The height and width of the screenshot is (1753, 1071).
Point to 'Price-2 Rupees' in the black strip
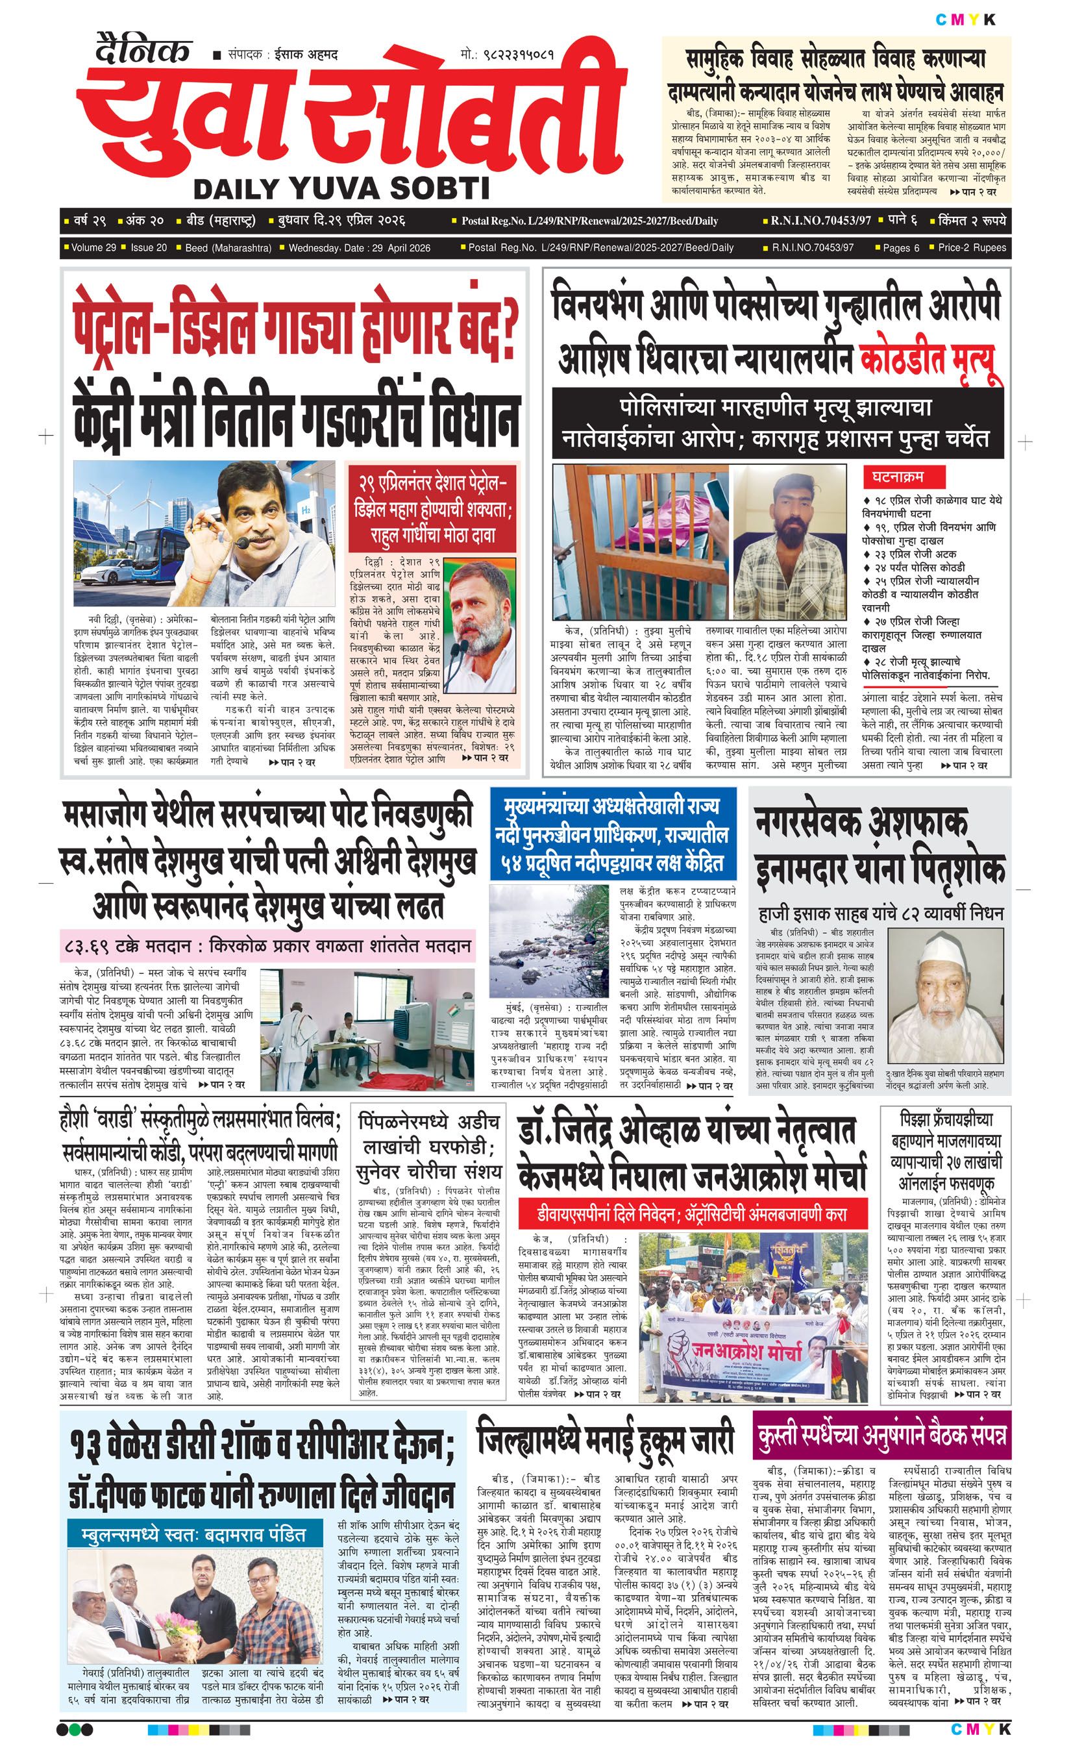click(x=972, y=247)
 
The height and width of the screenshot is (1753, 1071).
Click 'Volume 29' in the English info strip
click(x=93, y=247)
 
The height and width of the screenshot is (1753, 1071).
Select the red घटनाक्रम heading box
click(x=894, y=476)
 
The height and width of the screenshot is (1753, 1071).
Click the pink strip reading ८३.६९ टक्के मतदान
click(x=267, y=947)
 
